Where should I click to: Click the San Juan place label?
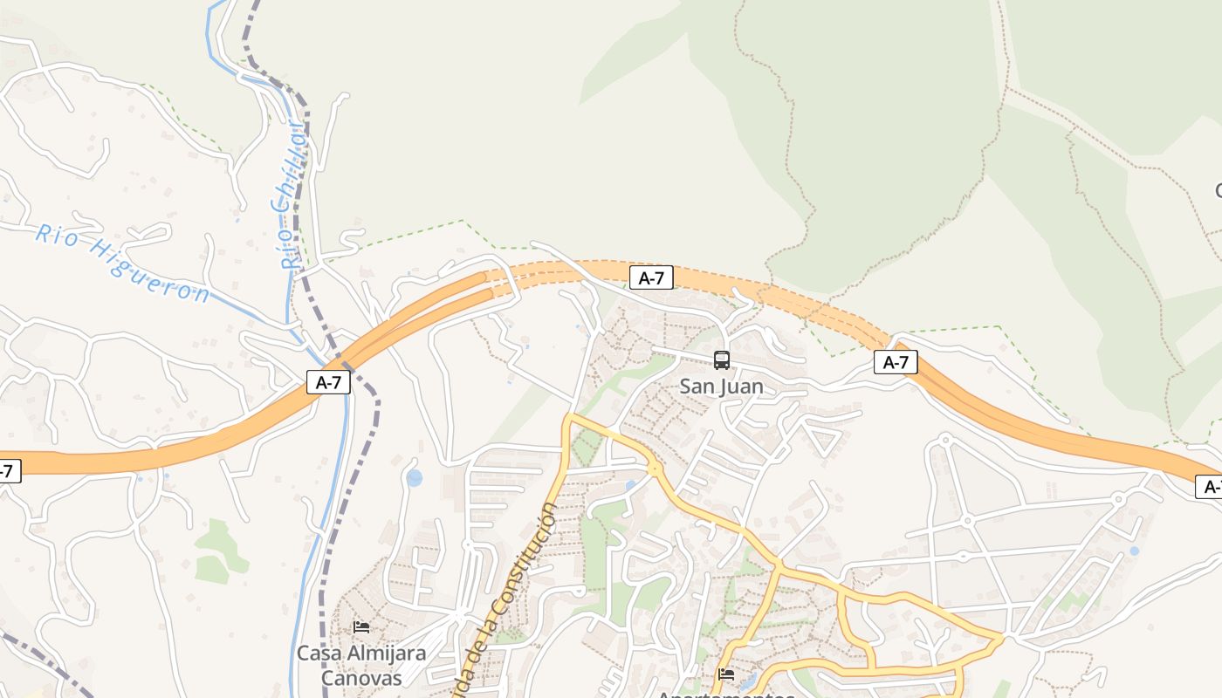click(721, 387)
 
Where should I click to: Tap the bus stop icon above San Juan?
click(722, 359)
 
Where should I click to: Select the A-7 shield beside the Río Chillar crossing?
click(328, 382)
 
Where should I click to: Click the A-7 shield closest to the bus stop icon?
click(651, 278)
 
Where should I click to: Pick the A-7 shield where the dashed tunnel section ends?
click(896, 362)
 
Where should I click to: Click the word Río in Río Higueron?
click(55, 236)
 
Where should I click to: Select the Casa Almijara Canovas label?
click(361, 665)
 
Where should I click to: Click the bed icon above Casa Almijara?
click(361, 627)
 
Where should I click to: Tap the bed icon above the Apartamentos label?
click(725, 674)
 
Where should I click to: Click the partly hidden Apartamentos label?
click(725, 695)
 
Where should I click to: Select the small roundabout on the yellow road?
click(654, 469)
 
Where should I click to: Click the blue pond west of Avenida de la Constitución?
click(414, 477)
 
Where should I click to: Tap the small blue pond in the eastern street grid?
click(1134, 551)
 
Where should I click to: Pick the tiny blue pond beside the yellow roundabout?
click(630, 485)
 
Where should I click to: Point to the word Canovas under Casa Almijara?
click(361, 678)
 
